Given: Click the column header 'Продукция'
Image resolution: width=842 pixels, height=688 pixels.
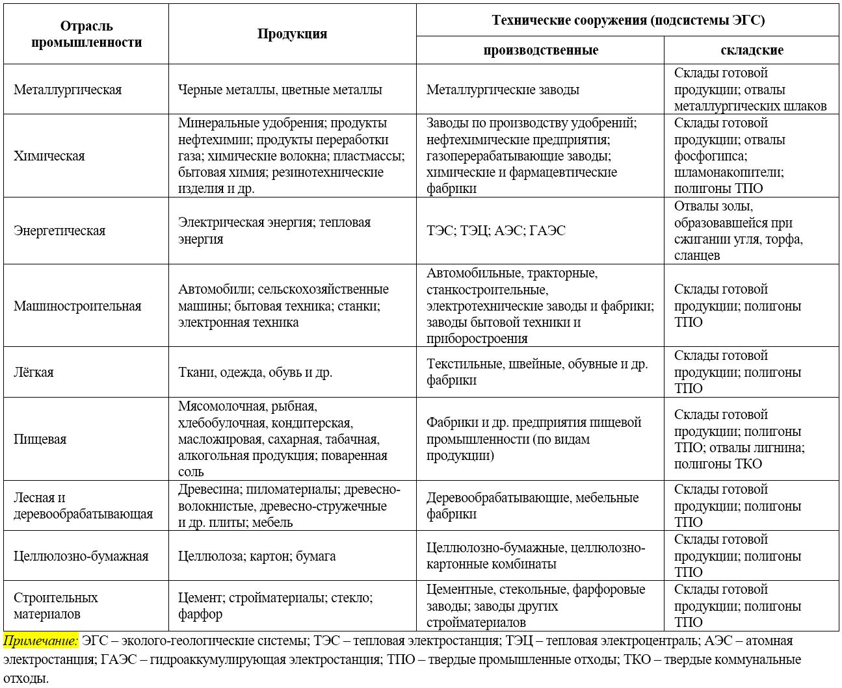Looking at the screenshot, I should pos(292,34).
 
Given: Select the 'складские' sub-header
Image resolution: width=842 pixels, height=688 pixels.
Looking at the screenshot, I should pos(752,50).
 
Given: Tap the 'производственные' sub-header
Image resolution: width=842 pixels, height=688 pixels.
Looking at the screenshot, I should pos(540,50).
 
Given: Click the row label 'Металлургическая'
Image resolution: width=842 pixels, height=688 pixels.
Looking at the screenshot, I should pos(68,90).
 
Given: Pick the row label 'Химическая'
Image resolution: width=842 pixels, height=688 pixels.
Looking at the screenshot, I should pos(49,156).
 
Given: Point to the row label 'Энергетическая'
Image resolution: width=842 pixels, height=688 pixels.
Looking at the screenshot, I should pos(59,231).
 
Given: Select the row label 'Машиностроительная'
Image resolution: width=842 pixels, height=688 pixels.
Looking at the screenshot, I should pos(77,306).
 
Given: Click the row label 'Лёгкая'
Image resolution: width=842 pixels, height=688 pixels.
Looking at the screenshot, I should pos(34,372).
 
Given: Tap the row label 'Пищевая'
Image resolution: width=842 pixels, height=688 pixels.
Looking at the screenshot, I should pos(40,439).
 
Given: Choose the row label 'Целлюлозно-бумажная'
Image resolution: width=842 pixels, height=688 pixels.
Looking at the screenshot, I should pos(81,556).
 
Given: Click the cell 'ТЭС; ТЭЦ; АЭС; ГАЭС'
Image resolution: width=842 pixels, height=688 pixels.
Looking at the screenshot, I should pos(496,231).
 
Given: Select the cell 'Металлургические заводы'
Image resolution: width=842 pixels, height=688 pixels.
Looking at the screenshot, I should pos(503,90).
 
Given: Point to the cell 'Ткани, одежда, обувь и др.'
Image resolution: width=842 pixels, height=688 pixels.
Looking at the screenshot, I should pos(256,372).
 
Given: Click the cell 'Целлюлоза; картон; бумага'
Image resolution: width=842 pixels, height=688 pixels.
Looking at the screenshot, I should pos(257,556).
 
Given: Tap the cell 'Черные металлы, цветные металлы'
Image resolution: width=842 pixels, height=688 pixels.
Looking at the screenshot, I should pos(280,90).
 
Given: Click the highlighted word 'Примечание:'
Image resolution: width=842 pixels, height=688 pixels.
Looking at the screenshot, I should pos(40,641).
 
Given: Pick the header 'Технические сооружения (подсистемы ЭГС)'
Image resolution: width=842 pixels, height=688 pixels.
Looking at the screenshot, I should pos(628,20).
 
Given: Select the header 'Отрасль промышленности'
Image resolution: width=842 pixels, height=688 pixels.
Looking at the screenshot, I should pos(86,34).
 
